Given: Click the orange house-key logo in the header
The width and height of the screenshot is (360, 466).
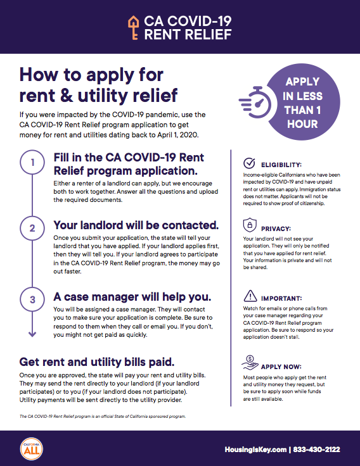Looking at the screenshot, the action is [134, 28].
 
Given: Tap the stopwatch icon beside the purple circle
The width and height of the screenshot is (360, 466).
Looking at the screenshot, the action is [255, 102].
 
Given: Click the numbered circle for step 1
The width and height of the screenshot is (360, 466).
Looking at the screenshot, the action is [32, 162].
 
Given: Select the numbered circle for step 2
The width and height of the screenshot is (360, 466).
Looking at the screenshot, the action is [32, 228].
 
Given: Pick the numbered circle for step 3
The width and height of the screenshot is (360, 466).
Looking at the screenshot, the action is [32, 299].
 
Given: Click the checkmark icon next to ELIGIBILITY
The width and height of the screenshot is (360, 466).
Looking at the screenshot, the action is [249, 163].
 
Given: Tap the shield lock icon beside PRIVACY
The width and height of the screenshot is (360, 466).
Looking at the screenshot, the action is [250, 225].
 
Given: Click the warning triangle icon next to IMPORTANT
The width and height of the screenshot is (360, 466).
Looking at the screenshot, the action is [250, 296].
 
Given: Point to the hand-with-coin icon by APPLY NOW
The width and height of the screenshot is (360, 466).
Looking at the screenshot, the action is [250, 363].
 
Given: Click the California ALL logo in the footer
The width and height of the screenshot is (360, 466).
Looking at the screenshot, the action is [32, 449].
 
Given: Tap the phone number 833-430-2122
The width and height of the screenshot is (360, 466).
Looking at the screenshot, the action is [316, 450].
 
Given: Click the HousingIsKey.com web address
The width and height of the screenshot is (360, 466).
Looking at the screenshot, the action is [255, 450].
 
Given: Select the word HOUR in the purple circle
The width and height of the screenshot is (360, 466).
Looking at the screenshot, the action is [302, 124].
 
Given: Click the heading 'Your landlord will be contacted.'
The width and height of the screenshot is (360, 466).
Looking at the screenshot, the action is [136, 225].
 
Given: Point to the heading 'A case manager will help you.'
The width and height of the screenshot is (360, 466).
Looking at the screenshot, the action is [132, 296].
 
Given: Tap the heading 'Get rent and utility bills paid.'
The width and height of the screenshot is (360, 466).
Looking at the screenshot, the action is [97, 362].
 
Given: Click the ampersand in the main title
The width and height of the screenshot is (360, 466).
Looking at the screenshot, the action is [66, 96].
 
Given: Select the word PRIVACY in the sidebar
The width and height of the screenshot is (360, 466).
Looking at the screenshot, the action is [276, 229].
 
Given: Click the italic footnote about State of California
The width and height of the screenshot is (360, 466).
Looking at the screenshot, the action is [103, 417].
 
